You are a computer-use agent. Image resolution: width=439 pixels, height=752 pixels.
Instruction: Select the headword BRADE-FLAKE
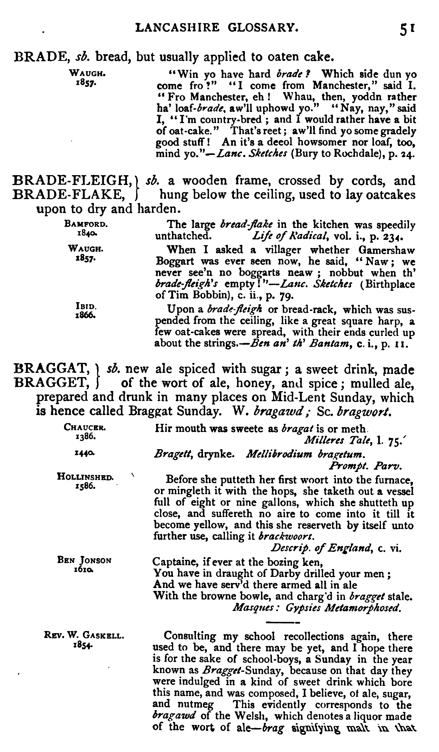tap(67, 195)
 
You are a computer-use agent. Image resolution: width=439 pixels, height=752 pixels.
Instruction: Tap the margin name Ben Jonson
tap(84, 561)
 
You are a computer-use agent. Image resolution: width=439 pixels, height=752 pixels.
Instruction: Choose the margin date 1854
tap(83, 645)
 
